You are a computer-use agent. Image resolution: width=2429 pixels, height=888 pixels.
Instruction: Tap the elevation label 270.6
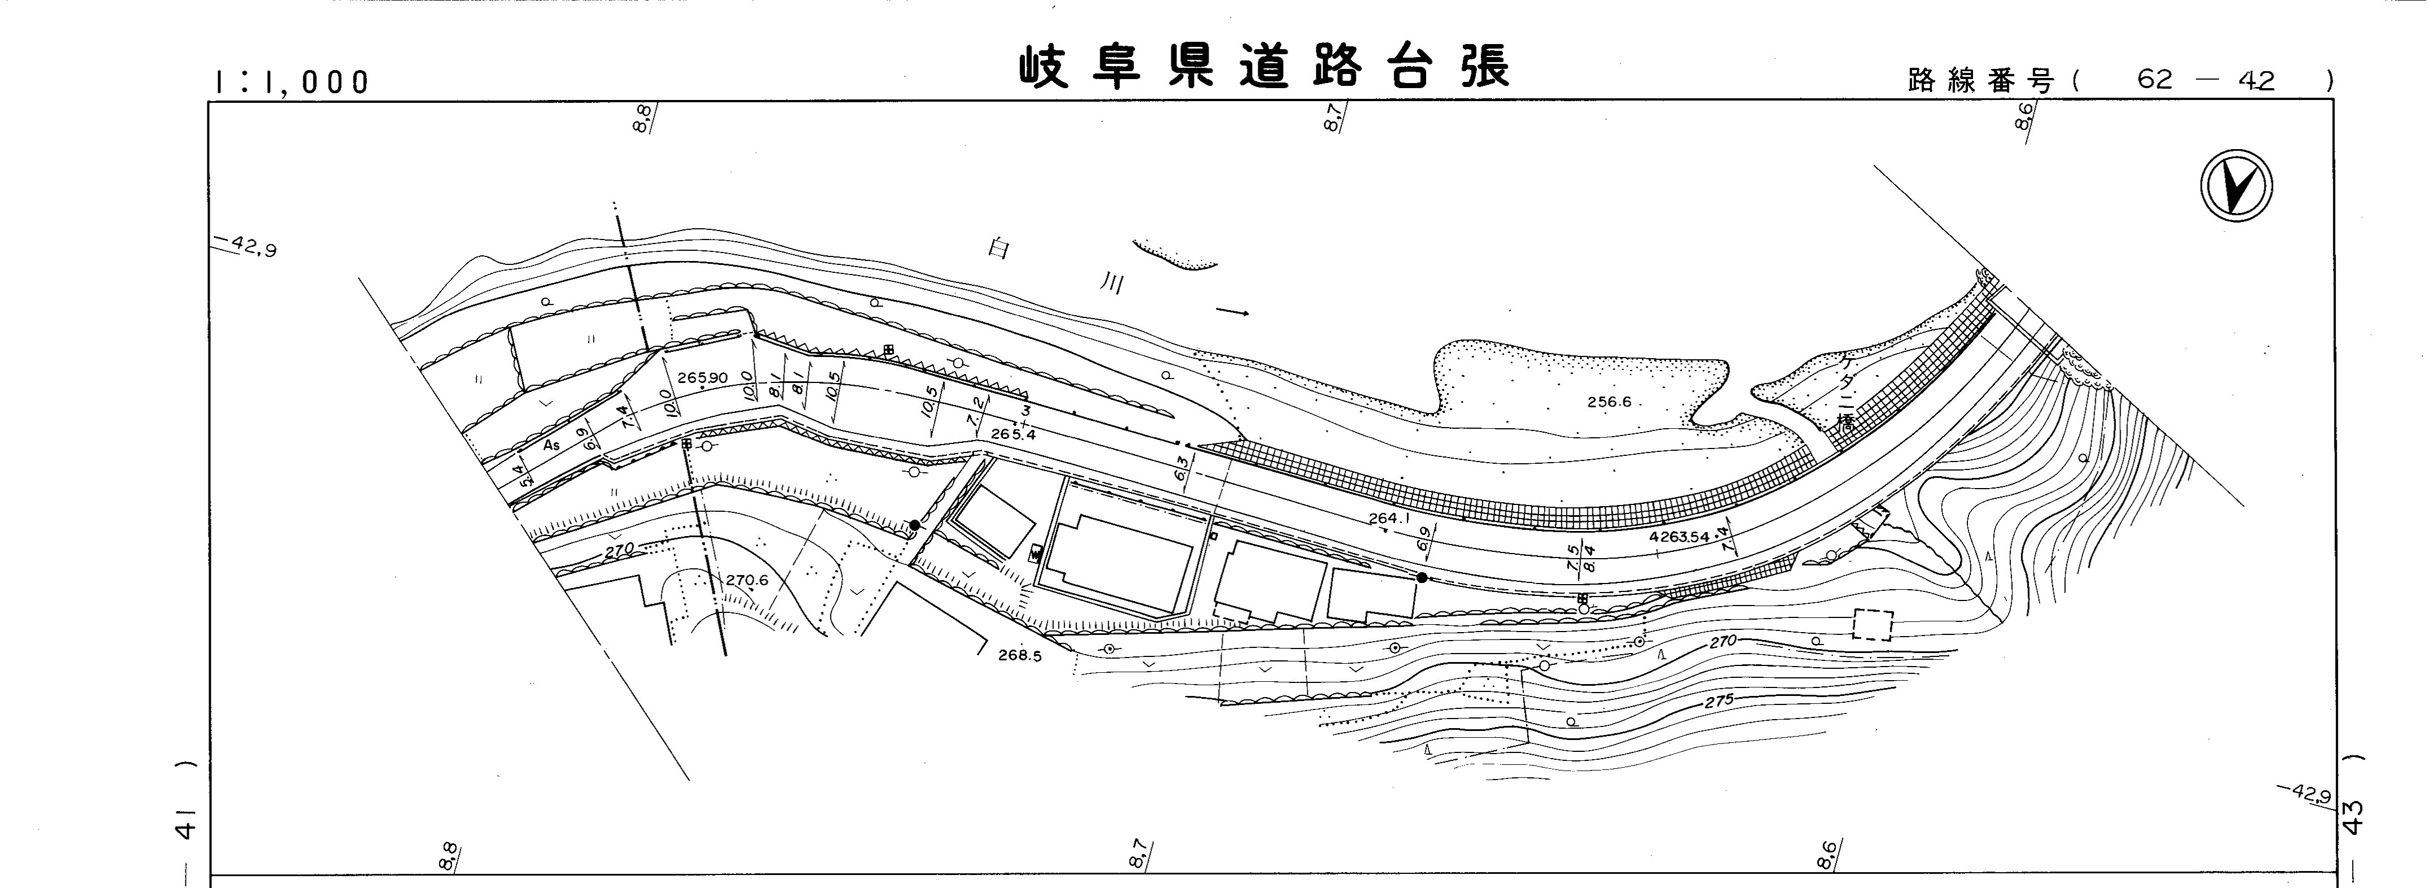tap(747, 581)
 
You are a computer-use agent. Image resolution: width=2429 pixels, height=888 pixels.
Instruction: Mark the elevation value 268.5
tap(1019, 656)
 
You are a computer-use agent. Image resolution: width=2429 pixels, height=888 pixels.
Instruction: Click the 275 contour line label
tap(1718, 702)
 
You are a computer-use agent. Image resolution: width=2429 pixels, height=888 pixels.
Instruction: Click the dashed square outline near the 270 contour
tap(1872, 625)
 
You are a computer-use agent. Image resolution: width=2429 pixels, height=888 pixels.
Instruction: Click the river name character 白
tap(998, 248)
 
